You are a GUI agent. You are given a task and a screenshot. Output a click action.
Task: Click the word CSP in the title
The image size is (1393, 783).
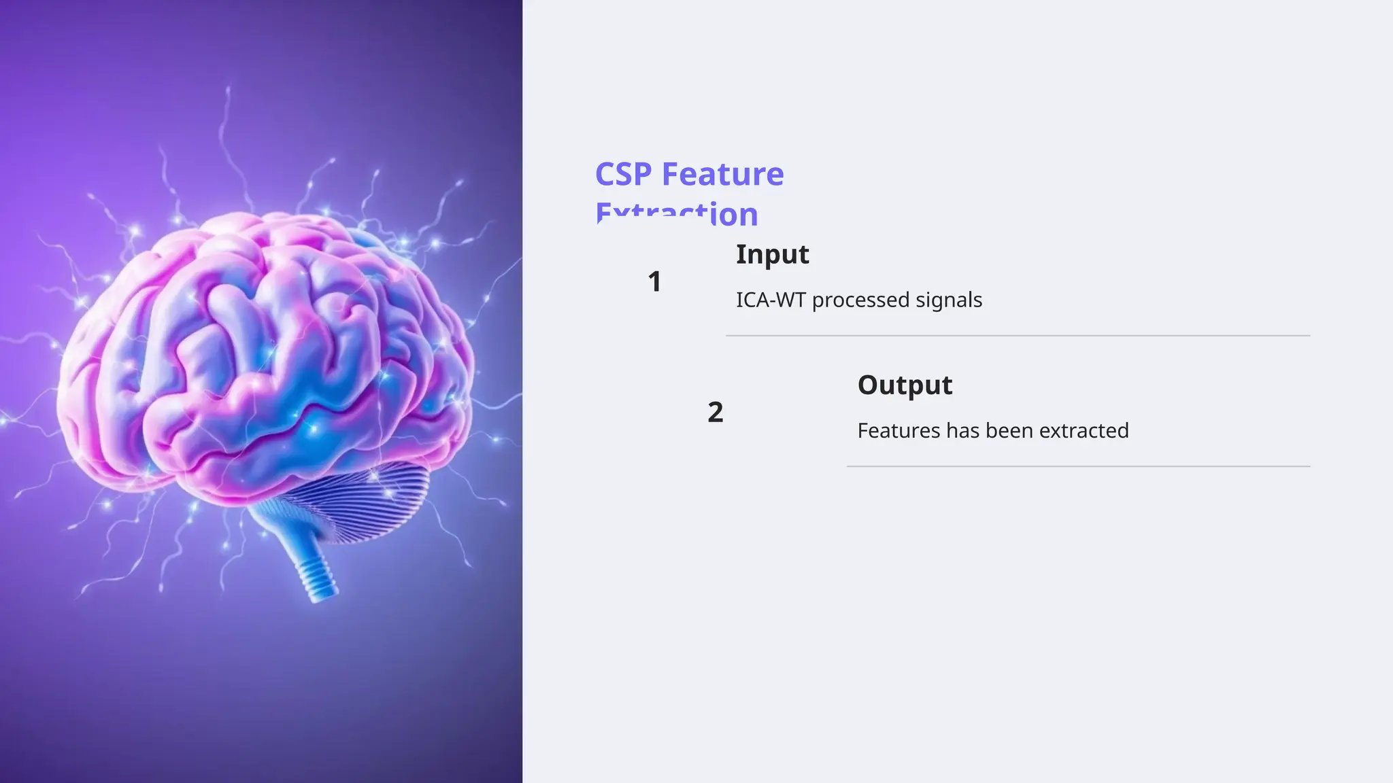623,174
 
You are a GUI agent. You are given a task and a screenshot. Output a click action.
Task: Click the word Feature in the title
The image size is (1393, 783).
722,174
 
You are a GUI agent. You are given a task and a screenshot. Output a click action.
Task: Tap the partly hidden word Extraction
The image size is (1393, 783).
676,215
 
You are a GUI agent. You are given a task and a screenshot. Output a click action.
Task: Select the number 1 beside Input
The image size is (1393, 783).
654,281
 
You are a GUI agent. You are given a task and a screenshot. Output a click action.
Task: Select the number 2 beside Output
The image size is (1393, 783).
715,412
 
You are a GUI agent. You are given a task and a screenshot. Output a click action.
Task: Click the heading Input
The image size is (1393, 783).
772,254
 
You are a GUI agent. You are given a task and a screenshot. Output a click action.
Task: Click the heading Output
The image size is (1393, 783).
905,385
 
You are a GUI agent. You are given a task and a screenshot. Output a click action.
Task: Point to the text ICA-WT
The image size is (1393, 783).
771,300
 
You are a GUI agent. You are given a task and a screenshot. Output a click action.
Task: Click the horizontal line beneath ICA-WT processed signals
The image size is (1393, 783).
1017,336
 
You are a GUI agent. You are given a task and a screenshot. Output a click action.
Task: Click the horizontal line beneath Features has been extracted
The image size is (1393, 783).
1078,466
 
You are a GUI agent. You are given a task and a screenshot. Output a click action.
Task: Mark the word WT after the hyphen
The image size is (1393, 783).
789,300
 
